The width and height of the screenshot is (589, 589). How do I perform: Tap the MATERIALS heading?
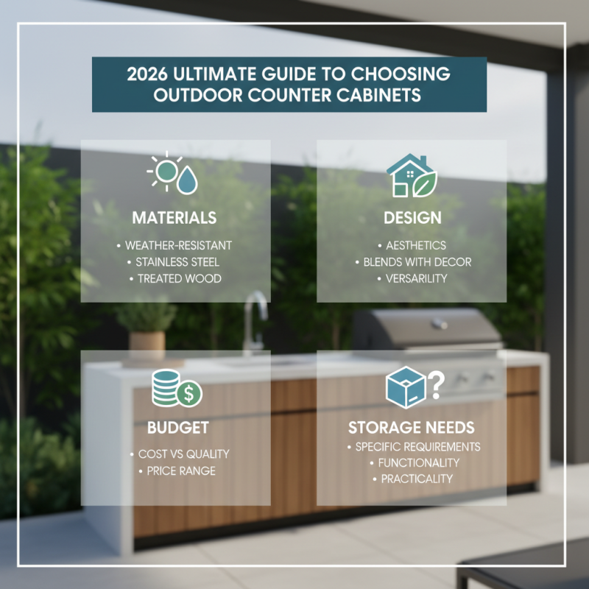(x=174, y=218)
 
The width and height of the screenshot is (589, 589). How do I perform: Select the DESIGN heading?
(x=412, y=218)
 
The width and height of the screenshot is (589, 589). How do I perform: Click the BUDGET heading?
(x=178, y=428)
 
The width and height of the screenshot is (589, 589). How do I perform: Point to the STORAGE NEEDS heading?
(x=412, y=428)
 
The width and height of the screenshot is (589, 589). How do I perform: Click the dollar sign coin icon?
(x=190, y=394)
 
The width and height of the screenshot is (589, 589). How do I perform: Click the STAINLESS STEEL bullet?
(x=177, y=261)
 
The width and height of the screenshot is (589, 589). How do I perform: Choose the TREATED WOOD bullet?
(x=177, y=279)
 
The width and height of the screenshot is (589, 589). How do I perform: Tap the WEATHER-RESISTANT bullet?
(x=177, y=244)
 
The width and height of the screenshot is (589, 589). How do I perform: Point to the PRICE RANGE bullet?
(x=177, y=471)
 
